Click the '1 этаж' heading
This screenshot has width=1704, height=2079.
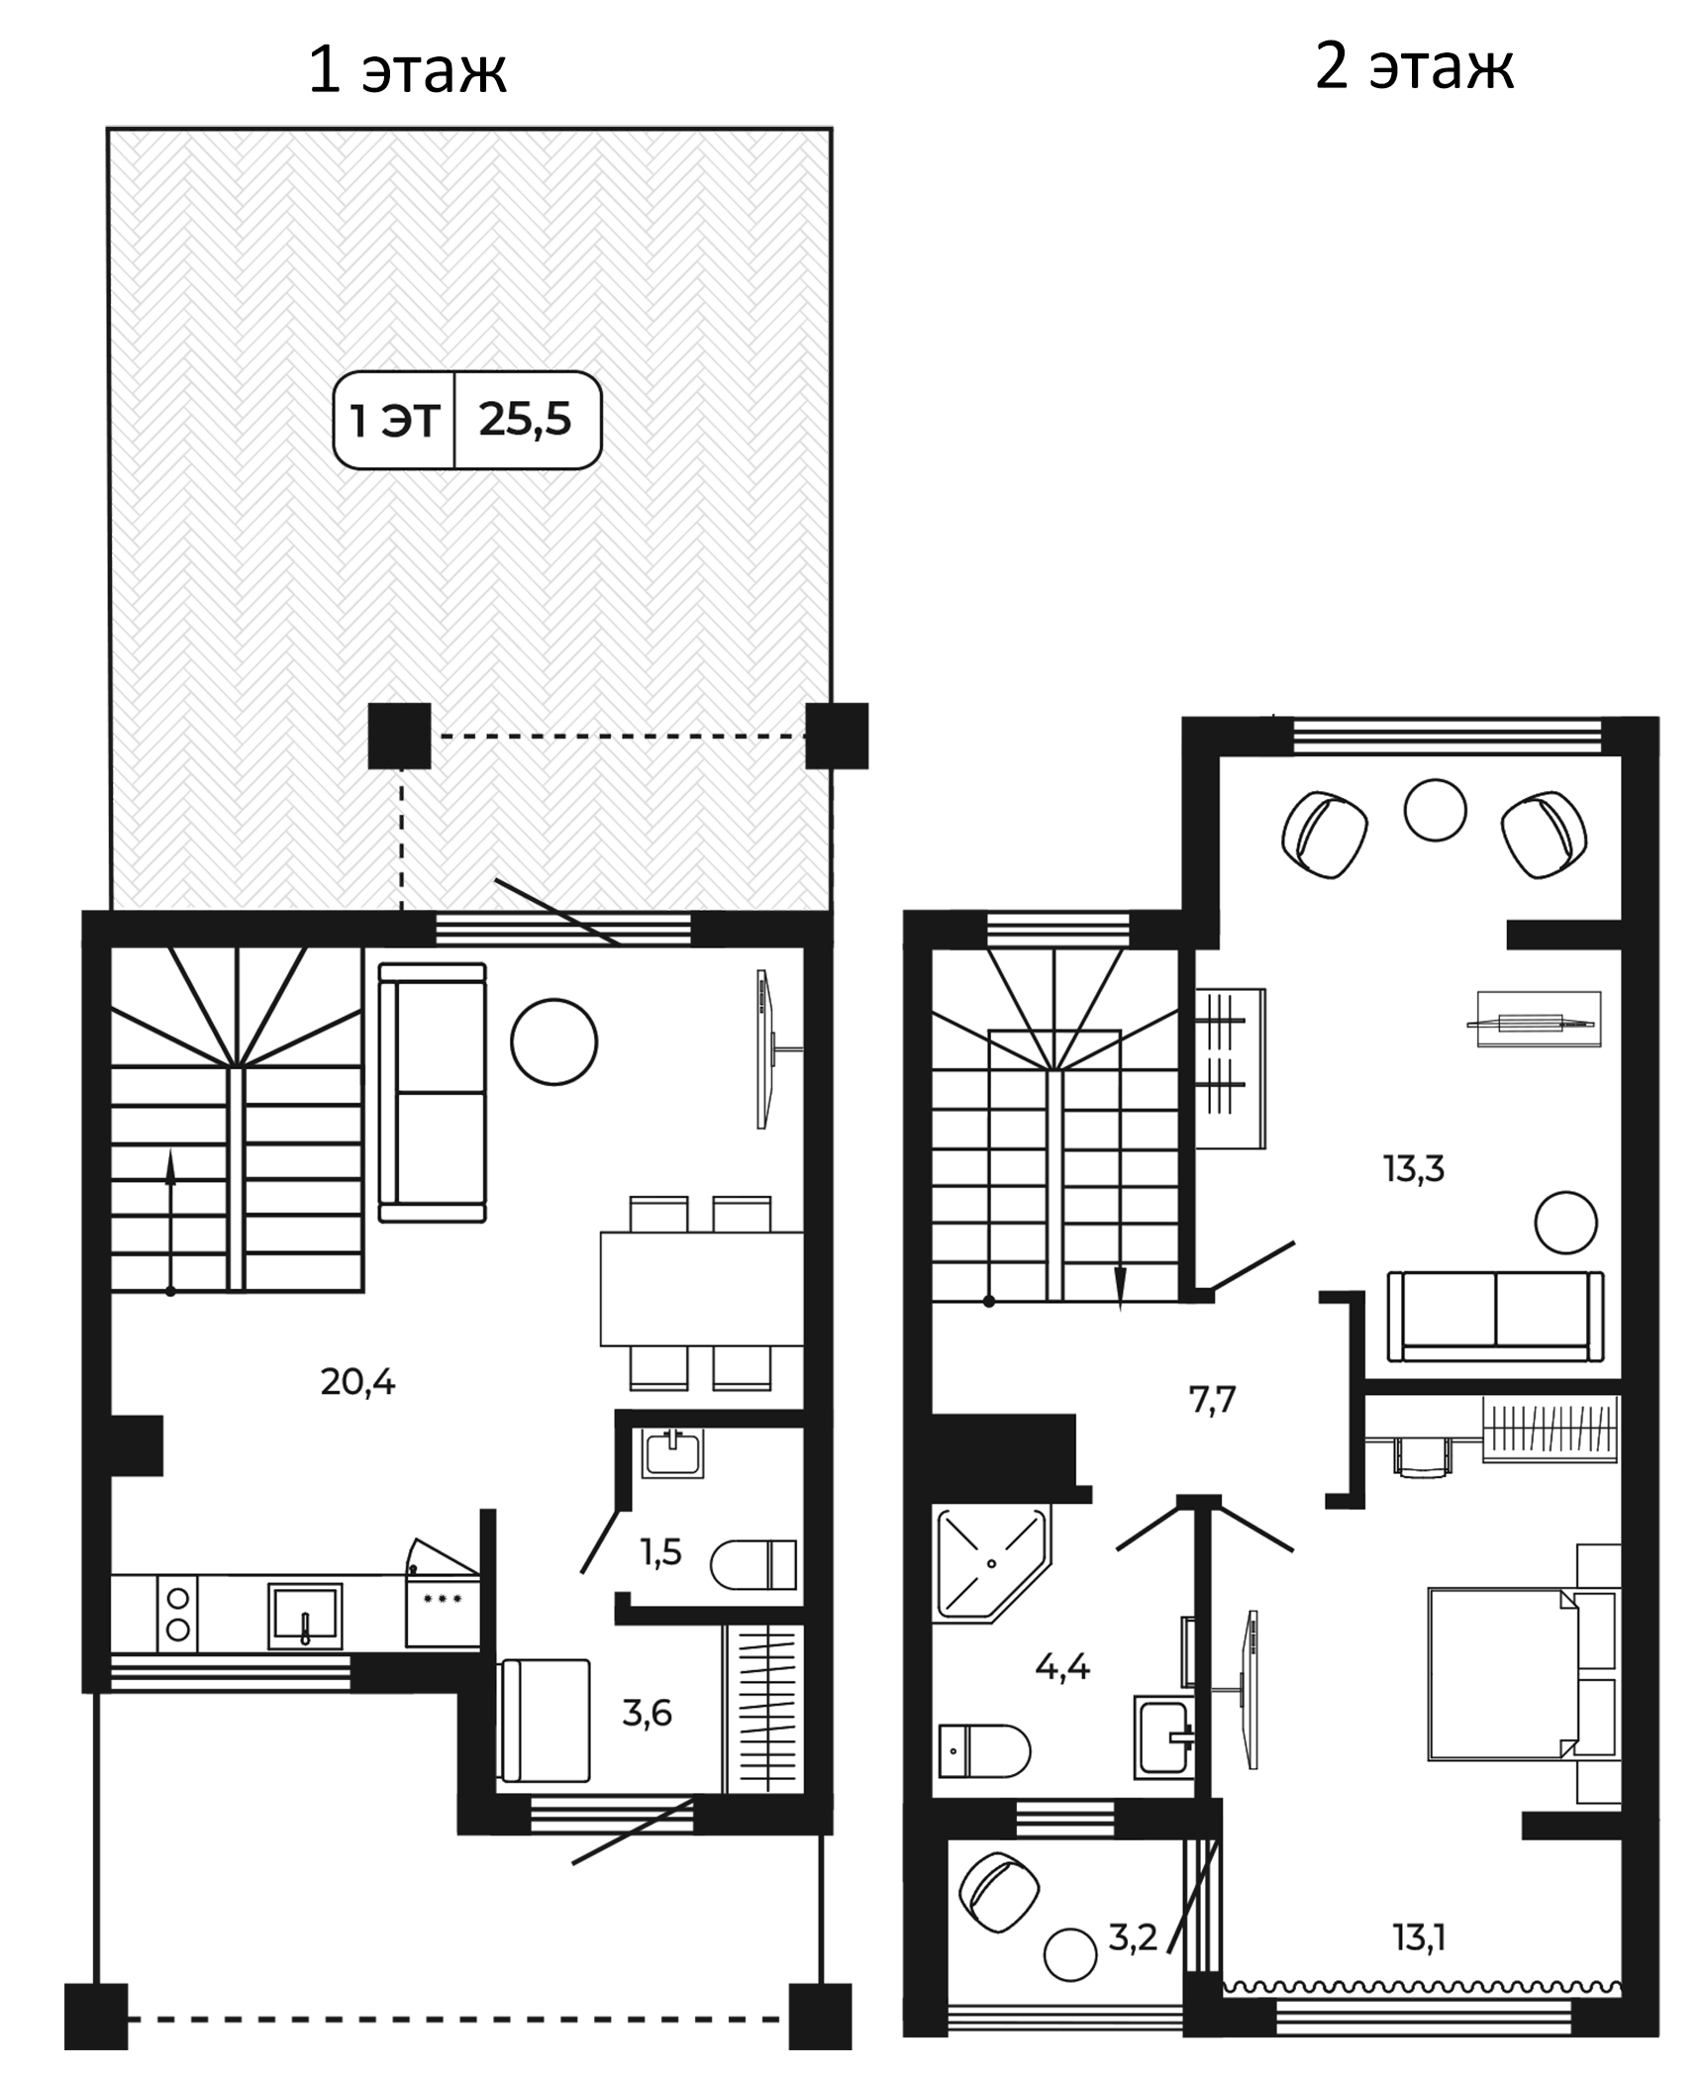point(407,70)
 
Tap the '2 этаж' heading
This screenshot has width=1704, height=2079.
point(1414,67)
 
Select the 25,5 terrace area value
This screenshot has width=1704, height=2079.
point(525,420)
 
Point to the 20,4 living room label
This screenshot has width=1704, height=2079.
point(357,1381)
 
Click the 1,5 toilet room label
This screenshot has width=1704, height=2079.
point(660,1551)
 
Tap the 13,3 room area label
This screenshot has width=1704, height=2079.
point(1414,1169)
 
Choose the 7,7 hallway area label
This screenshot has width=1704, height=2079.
point(1212,1400)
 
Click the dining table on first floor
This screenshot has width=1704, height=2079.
point(701,1289)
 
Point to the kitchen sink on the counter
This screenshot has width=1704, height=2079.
point(305,1617)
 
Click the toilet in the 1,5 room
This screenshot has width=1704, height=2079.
point(753,1564)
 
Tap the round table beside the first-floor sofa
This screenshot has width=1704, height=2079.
point(554,1041)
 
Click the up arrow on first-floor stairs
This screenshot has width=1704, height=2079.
point(170,1222)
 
